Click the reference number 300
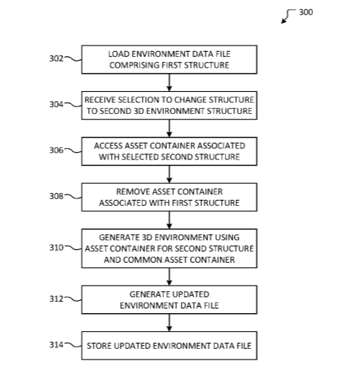306,12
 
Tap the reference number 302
56,59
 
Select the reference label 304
56,104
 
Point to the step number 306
56,150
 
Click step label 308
56,196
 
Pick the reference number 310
56,248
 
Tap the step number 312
56,299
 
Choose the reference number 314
56,345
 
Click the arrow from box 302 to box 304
169,83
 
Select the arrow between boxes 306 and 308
169,174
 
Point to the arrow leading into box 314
169,323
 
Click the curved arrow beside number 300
287,15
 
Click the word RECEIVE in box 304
100,100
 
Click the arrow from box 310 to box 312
169,277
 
